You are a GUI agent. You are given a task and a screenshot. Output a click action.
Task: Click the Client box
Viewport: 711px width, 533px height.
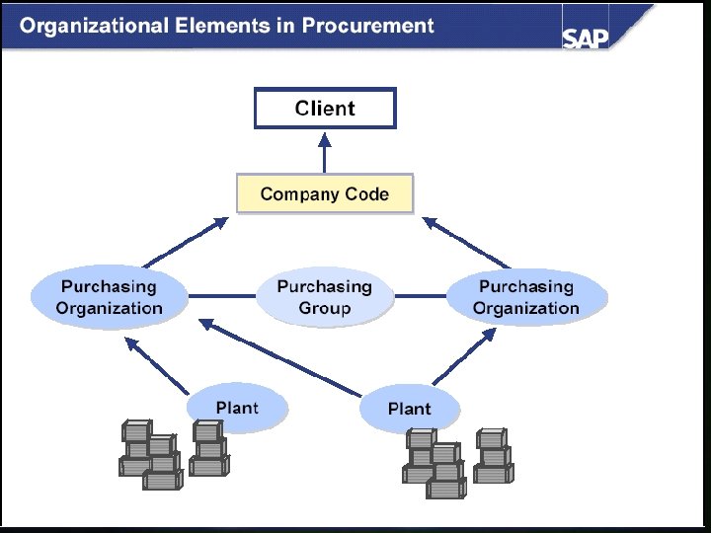tap(325, 109)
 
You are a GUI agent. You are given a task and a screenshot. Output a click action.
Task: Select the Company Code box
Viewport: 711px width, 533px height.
tap(325, 194)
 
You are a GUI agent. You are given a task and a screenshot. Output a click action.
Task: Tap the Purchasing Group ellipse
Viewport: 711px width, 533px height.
tap(324, 297)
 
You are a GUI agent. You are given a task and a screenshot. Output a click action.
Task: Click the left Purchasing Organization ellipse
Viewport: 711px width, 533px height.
tap(109, 297)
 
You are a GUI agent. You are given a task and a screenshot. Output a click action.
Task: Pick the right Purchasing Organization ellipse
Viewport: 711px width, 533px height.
tap(526, 297)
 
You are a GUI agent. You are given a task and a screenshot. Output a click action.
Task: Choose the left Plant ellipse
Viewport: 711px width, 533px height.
tap(237, 408)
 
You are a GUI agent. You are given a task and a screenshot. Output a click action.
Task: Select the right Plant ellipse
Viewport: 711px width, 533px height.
tap(409, 409)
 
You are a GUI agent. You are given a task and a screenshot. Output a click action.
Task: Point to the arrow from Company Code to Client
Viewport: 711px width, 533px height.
tap(325, 152)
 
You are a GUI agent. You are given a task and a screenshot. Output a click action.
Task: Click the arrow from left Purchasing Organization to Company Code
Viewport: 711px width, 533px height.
tap(185, 244)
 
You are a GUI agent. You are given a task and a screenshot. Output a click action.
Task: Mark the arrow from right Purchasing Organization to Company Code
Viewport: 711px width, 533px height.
tap(468, 243)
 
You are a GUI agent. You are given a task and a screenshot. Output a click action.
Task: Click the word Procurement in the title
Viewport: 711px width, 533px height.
tap(367, 26)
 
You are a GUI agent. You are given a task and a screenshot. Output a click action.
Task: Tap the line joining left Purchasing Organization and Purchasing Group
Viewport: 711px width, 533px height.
tap(223, 295)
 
